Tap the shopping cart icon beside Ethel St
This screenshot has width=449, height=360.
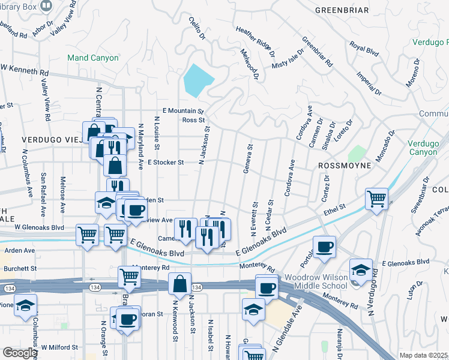376,199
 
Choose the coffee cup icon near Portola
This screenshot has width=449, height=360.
324,247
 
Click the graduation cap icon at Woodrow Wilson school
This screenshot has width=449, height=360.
361,269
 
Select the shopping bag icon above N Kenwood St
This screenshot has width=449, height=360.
180,284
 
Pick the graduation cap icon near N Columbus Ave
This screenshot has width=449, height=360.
26,305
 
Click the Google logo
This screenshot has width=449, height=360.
20,353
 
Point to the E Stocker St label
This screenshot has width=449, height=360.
168,162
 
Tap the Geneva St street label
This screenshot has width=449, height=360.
248,158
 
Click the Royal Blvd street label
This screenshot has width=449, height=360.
364,49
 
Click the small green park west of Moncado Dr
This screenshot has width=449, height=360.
357,154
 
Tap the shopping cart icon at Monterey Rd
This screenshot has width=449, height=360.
129,277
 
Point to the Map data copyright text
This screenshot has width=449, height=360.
424,355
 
